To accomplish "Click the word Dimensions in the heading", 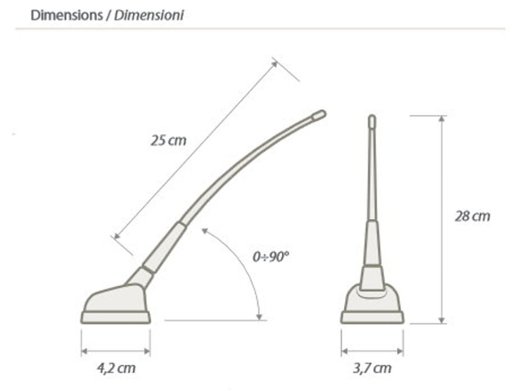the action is pyautogui.click(x=67, y=15).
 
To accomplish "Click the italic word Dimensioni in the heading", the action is pyautogui.click(x=149, y=15).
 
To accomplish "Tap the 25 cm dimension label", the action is pyautogui.click(x=168, y=140).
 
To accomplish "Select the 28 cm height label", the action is pyautogui.click(x=473, y=216).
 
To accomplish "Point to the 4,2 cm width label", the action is pyautogui.click(x=116, y=369).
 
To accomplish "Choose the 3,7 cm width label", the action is pyautogui.click(x=372, y=369).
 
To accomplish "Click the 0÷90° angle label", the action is pyautogui.click(x=270, y=257).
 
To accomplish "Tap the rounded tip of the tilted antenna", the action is pyautogui.click(x=319, y=115).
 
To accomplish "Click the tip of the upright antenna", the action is pyautogui.click(x=372, y=121).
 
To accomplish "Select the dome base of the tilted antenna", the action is pyautogui.click(x=115, y=298).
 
